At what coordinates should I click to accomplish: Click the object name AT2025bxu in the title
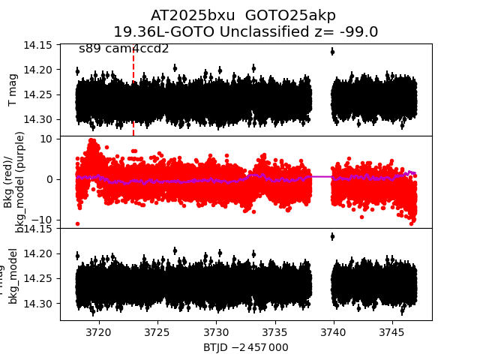pos(184,16)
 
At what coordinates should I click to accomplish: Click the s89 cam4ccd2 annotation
pos(124,49)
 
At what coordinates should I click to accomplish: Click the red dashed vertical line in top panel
pos(133,90)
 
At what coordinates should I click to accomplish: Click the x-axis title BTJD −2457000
pos(245,347)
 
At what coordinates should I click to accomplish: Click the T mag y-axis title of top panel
pos(13,90)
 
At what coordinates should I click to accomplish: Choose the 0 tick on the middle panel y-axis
pos(48,179)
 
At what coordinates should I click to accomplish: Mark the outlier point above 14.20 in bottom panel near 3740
pos(332,236)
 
